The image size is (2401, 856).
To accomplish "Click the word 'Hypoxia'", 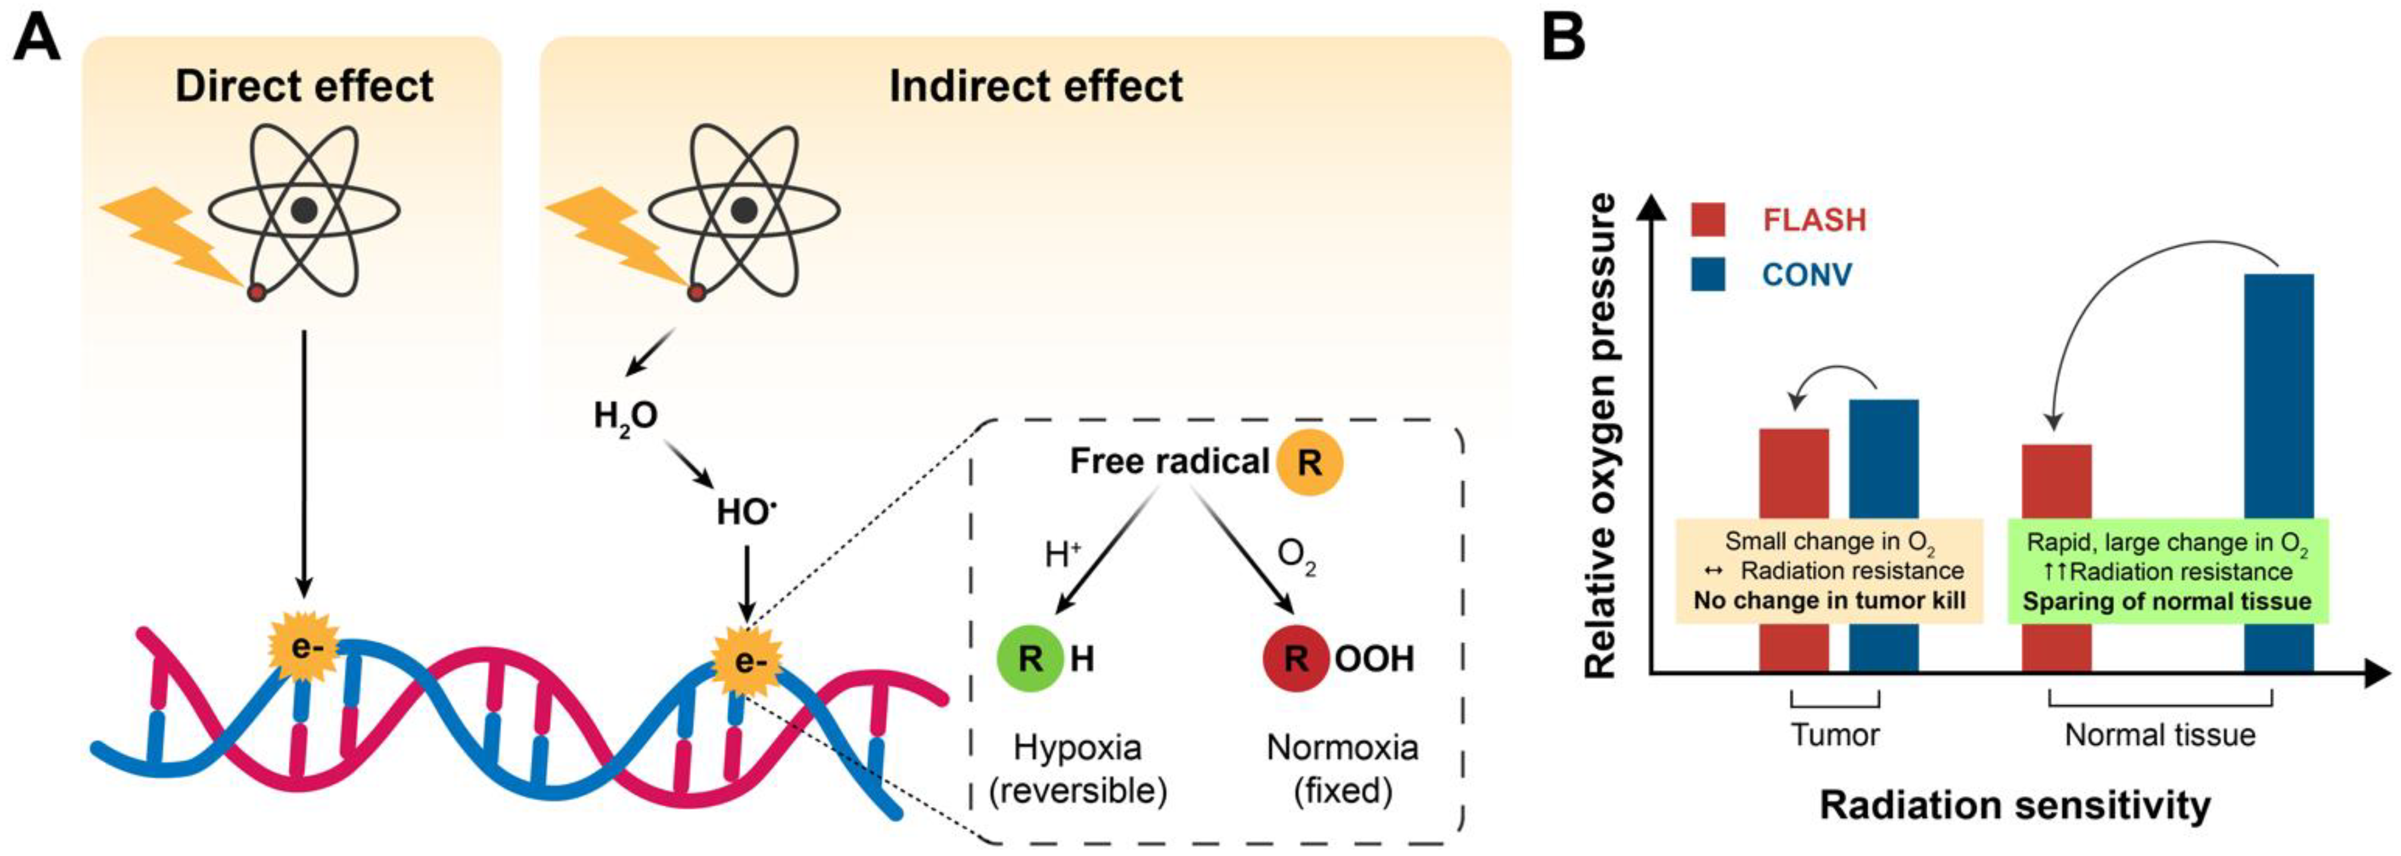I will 1077,747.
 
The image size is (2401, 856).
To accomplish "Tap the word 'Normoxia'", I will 1342,747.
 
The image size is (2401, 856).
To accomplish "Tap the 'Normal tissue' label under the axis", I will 2160,735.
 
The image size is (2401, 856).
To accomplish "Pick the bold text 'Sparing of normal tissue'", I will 2167,602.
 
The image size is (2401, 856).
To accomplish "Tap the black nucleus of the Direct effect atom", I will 304,210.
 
